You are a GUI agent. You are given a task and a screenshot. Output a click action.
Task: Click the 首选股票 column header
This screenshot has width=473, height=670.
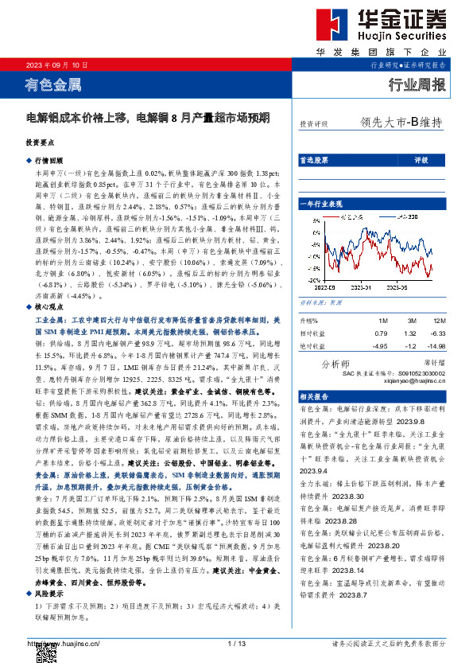coord(312,160)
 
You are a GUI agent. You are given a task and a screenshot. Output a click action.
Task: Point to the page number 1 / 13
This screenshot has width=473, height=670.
coord(236,643)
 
